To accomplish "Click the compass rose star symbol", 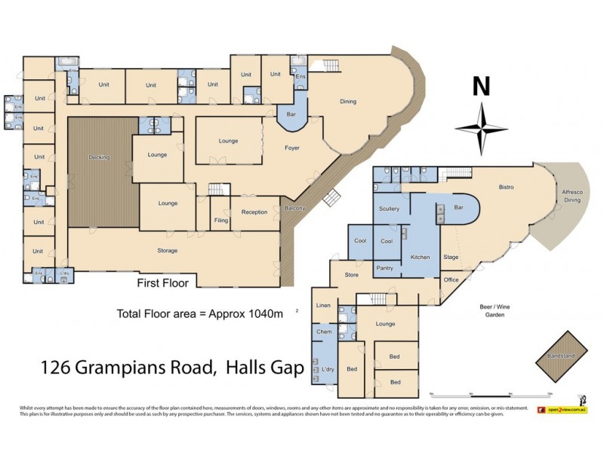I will tap(481, 128).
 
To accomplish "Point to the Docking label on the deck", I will tap(99, 157).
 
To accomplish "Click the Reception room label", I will tap(254, 212).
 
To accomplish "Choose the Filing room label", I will tap(220, 220).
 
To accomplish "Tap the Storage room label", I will tap(167, 251).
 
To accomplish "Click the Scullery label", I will tap(390, 208).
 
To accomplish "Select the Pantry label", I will tap(384, 268).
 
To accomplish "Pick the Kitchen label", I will tap(420, 257).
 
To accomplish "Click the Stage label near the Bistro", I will tap(451, 257).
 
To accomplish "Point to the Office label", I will tap(451, 280).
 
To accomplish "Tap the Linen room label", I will tap(324, 305).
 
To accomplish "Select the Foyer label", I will tap(292, 148).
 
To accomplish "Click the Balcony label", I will tap(294, 208).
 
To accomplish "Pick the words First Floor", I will tap(162, 283).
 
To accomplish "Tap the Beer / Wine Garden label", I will tap(491, 310).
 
